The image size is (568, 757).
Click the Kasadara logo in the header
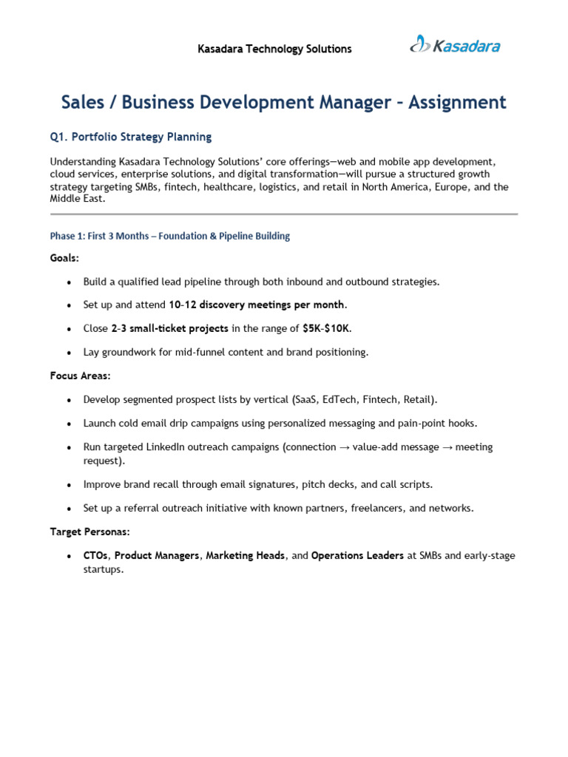click(455, 45)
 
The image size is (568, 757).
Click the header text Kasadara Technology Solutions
click(274, 50)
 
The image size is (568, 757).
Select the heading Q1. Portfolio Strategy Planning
click(131, 137)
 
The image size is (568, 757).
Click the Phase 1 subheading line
click(169, 236)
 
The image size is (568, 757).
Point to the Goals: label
click(64, 259)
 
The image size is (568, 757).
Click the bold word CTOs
click(96, 555)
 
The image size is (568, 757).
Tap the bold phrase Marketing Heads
click(246, 555)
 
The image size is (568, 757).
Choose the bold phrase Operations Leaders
click(357, 555)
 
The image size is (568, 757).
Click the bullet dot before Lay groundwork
click(69, 353)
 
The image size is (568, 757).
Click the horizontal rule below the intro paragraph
click(284, 214)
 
